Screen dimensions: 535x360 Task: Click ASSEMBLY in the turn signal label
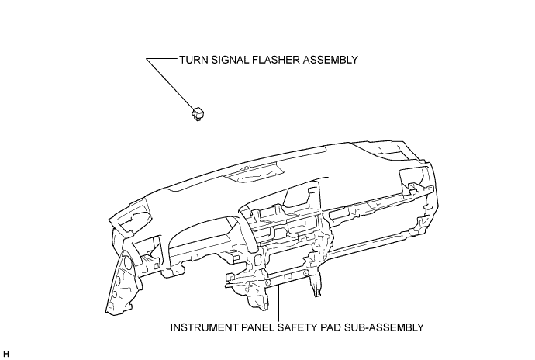(330, 60)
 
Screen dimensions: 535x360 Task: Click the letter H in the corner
(5, 354)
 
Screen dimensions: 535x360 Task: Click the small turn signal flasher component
(198, 114)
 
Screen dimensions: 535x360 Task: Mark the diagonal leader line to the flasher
(169, 84)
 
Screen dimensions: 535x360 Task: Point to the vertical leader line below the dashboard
(279, 303)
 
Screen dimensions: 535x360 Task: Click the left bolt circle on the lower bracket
(268, 282)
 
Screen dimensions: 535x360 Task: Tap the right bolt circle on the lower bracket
(306, 272)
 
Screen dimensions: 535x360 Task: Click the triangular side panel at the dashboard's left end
(121, 283)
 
